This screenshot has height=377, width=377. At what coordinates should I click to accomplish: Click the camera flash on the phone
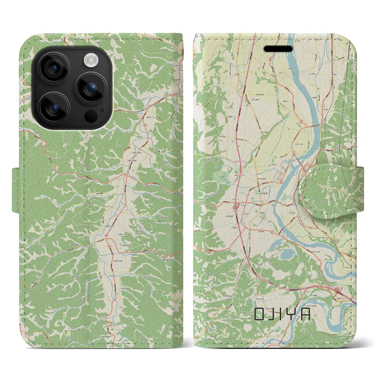(x=91, y=60)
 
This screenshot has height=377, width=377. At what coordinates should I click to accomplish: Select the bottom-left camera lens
(x=54, y=108)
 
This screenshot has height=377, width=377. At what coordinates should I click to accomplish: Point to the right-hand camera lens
(x=91, y=88)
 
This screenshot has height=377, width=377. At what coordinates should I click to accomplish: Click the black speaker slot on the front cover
(x=278, y=49)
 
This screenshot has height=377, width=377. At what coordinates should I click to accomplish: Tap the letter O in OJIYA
(x=259, y=314)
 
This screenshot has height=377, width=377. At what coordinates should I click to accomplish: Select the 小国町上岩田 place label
(x=117, y=261)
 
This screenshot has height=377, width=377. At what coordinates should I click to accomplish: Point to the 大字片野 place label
(x=223, y=137)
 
